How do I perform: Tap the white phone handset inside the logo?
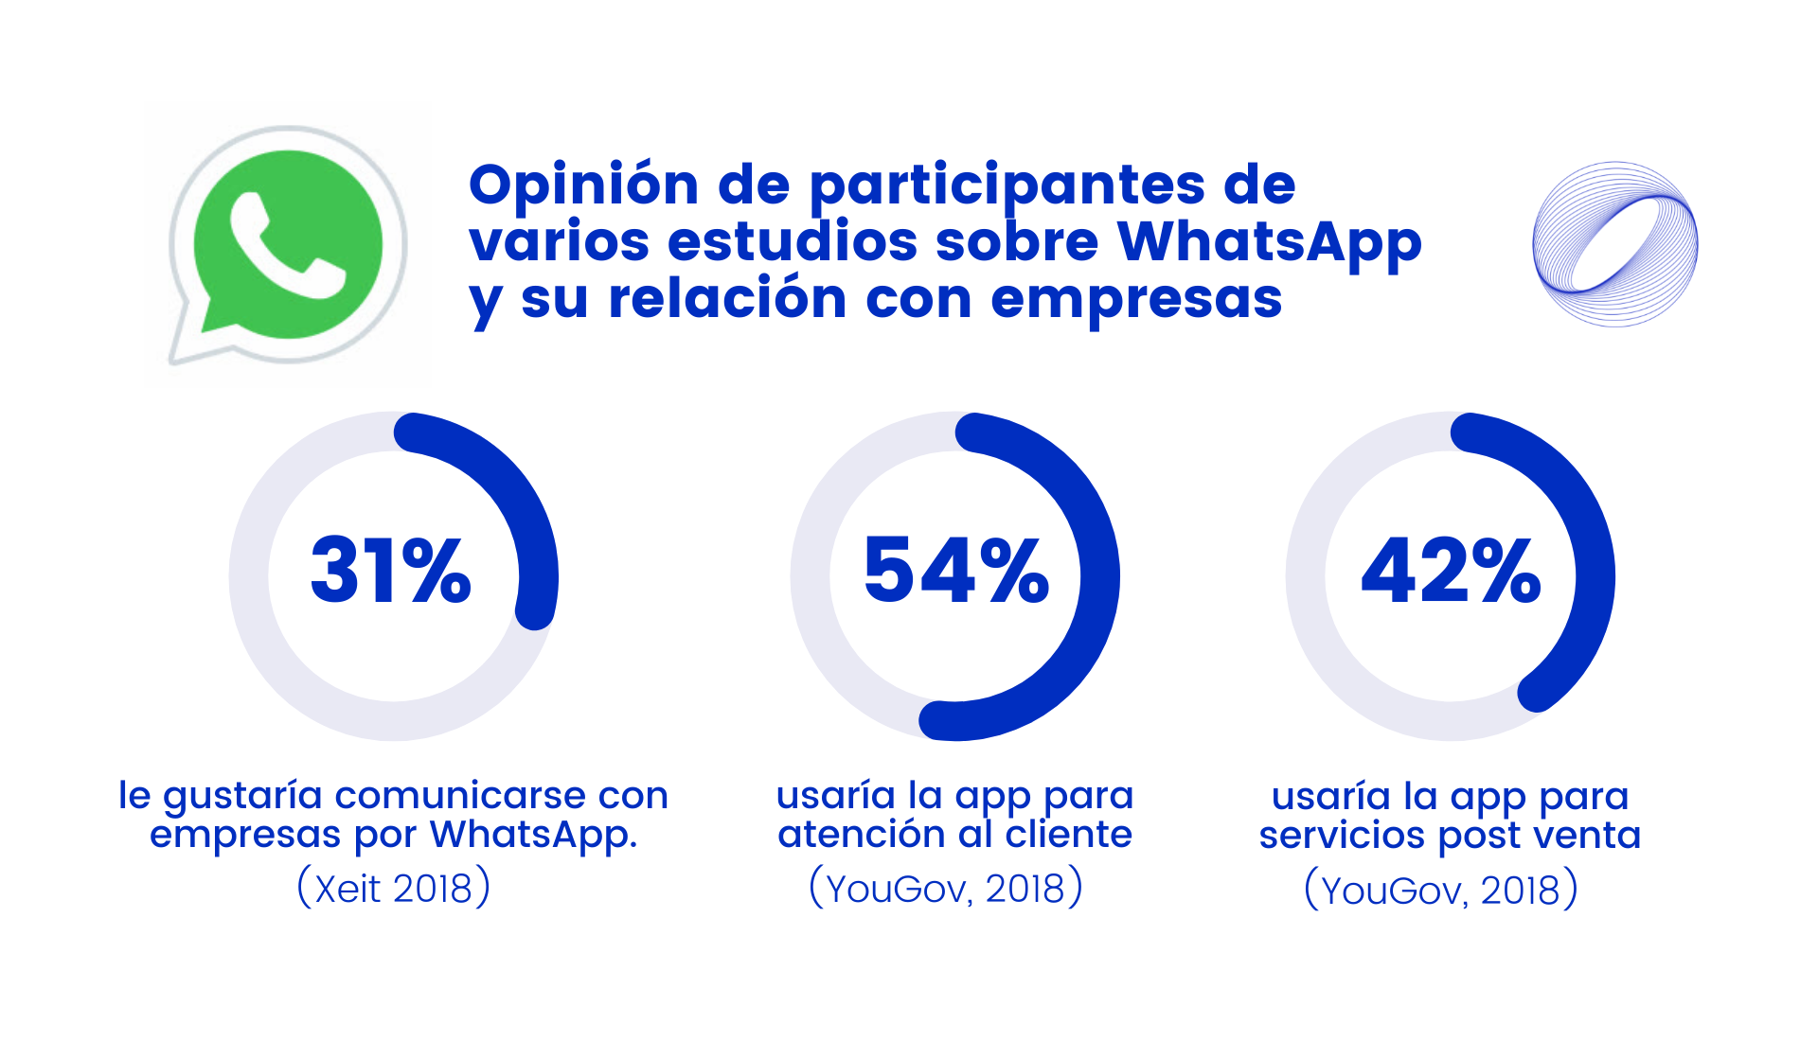point(287,247)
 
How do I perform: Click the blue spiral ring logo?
point(1614,244)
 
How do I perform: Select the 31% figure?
point(391,571)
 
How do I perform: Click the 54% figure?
point(956,571)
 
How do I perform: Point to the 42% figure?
point(1451,571)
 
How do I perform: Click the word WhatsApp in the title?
point(1269,241)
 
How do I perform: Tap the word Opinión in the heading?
point(583,185)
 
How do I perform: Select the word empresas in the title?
point(1136,299)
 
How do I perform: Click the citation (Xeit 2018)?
point(394,888)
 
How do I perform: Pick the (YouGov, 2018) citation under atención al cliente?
point(946,888)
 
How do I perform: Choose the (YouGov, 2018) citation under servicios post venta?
point(1441,890)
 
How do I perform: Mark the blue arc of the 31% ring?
point(511,492)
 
